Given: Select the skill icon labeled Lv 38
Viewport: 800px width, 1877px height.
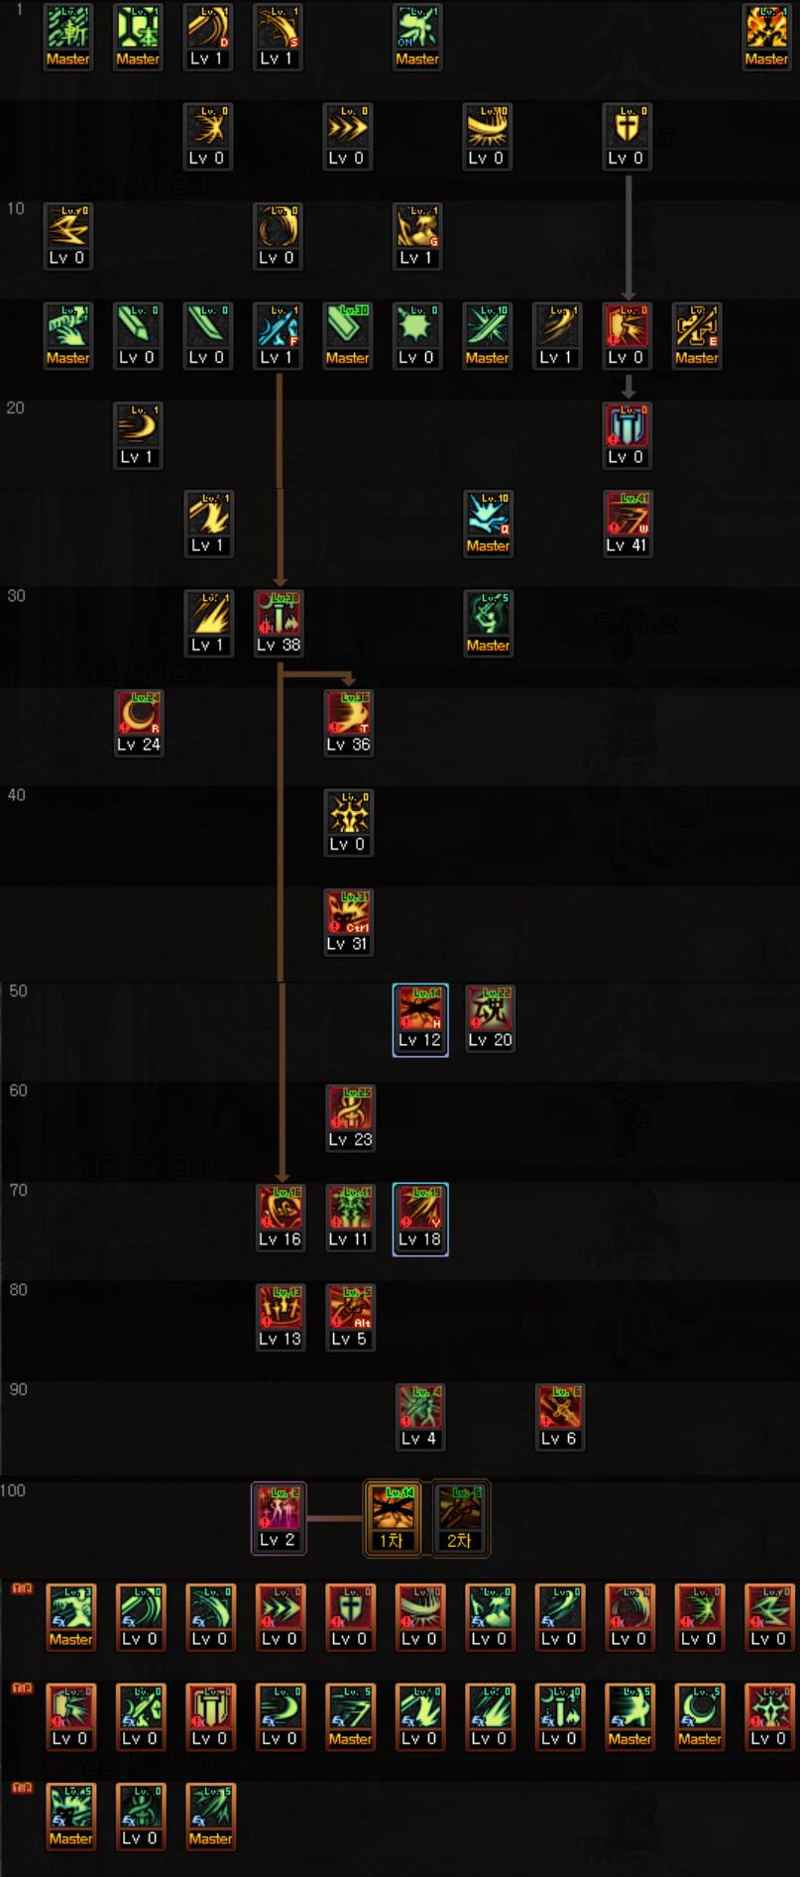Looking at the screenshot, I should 279,615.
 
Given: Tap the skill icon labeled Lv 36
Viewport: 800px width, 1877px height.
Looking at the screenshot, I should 348,715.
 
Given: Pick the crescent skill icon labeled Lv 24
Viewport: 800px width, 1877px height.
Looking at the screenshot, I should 139,715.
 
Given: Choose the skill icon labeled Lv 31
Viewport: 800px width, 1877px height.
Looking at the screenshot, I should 348,913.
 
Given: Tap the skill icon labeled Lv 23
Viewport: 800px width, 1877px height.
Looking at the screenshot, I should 350,1111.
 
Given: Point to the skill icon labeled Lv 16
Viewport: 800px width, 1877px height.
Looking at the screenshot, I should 280,1210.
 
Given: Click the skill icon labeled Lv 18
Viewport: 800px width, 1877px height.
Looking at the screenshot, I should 419,1210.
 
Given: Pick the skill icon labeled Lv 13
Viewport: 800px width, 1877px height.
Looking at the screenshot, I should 280,1309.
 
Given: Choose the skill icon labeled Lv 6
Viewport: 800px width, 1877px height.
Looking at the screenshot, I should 559,1409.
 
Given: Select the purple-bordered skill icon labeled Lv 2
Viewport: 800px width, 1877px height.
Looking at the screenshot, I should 278,1510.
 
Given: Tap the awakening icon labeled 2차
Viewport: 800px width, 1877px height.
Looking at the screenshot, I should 460,1510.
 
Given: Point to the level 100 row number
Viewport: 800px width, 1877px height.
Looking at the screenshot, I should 13,1490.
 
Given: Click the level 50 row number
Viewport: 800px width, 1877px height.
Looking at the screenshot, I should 18,991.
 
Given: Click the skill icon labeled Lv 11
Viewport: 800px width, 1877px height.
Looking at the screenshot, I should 349,1210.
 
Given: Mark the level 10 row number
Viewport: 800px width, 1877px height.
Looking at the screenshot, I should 16,208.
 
